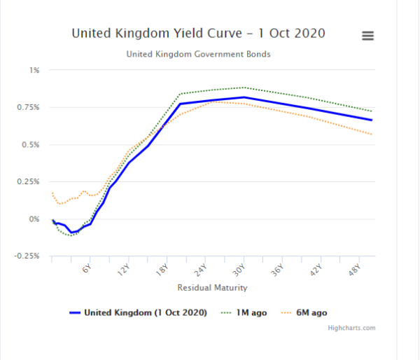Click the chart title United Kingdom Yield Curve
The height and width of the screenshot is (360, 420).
198,34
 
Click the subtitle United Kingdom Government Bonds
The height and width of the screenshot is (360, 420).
198,54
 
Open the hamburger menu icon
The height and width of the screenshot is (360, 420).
367,36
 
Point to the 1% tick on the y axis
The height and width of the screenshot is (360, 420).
34,70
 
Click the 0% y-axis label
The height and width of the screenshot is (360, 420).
34,219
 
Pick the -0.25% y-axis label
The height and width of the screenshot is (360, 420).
28,256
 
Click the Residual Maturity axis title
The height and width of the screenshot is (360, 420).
212,288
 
